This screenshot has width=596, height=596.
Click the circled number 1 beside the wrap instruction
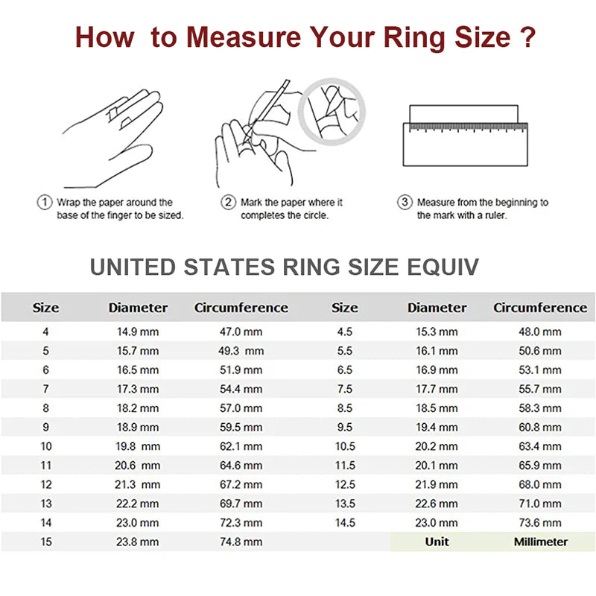click(x=44, y=202)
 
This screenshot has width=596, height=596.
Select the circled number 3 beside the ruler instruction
click(x=405, y=202)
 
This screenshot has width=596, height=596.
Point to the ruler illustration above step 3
click(x=465, y=135)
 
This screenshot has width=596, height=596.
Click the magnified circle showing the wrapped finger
click(x=331, y=110)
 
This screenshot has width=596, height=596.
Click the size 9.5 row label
click(x=344, y=427)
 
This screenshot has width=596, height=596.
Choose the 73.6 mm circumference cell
click(x=539, y=522)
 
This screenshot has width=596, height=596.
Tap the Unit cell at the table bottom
click(x=437, y=542)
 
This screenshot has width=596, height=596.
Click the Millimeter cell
click(x=540, y=542)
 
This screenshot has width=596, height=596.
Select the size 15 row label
click(x=45, y=542)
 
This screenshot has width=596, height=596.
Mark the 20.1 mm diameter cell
click(x=437, y=465)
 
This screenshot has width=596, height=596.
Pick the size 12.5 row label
click(x=344, y=484)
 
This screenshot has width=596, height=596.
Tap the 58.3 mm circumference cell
click(x=539, y=408)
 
